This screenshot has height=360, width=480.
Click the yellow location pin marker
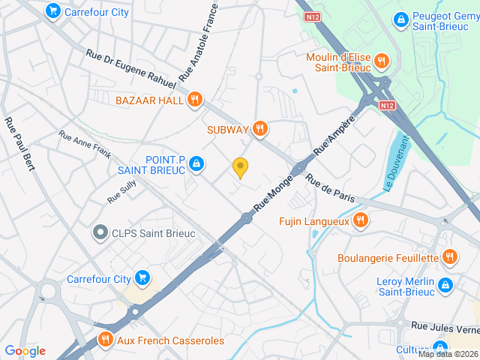[x=240, y=168]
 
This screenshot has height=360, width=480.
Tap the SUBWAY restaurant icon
[x=260, y=129]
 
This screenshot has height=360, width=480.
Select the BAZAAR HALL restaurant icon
[x=195, y=100]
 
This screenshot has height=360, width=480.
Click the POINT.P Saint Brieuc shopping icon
[x=196, y=163]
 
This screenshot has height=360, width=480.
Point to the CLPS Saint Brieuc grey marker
[x=100, y=233]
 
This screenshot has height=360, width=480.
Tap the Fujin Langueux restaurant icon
[x=361, y=220]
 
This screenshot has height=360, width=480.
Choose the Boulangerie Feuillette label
[x=388, y=258]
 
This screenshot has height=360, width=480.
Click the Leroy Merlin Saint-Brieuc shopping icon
[x=445, y=284]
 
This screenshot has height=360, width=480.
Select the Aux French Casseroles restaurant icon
[x=104, y=340]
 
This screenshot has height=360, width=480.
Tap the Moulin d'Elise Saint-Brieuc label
[x=339, y=63]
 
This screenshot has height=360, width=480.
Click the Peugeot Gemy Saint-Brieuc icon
[x=400, y=18]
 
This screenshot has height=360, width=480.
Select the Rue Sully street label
[x=121, y=193]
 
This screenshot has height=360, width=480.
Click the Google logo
[x=25, y=351]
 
